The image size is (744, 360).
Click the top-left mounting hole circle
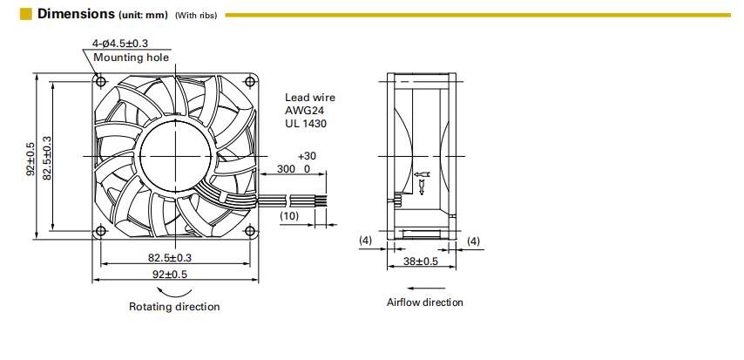100,81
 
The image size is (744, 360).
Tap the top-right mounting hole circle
250,81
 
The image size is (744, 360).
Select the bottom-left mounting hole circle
100,231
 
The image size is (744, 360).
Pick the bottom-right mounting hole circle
250,231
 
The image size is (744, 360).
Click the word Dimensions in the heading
76,14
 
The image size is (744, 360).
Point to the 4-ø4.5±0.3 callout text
120,44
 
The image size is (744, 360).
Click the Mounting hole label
131,58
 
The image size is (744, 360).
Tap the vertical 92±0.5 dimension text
30,159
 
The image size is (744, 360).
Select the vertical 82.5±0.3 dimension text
47,158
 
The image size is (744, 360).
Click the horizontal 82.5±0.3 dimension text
169,258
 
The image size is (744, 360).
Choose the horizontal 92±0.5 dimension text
169,274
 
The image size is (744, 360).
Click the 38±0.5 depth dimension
421,261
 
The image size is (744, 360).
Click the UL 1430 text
306,124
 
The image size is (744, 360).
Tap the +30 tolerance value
307,156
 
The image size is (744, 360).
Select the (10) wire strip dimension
289,216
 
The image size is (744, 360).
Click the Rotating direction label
174,307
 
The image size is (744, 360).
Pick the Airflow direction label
424,302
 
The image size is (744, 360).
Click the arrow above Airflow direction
426,288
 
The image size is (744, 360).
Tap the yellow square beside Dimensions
25,14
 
